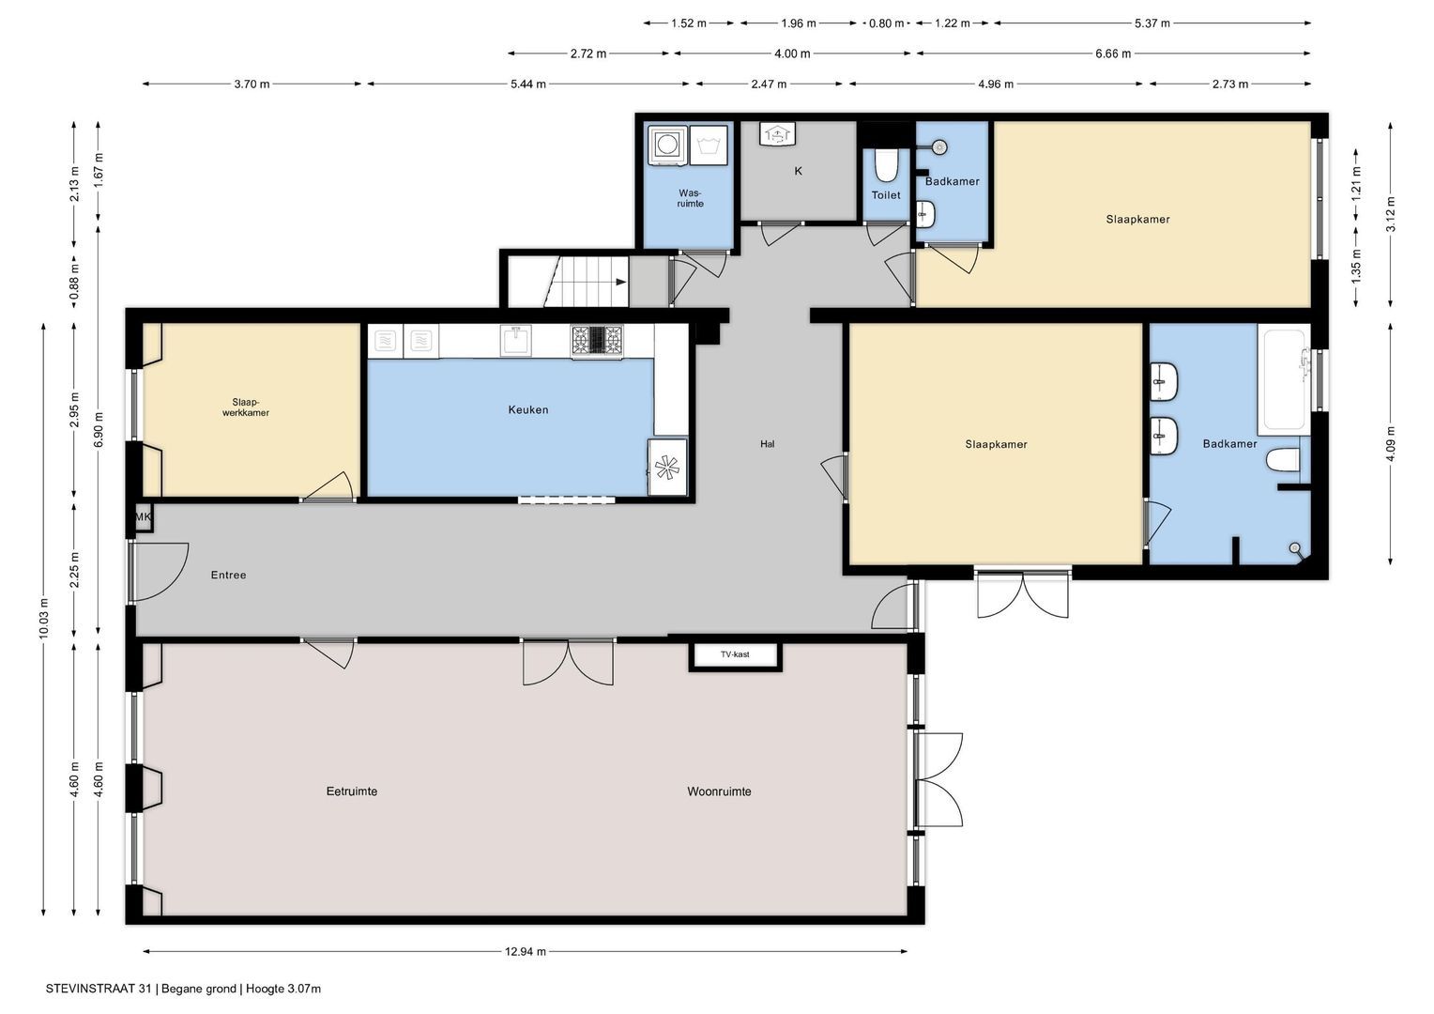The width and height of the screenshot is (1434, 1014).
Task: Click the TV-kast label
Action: (x=735, y=654)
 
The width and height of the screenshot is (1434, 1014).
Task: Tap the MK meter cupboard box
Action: (x=144, y=517)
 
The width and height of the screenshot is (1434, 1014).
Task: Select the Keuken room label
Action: (x=528, y=410)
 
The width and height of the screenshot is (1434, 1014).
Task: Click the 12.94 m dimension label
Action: (x=525, y=951)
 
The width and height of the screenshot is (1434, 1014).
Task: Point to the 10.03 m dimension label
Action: (x=43, y=618)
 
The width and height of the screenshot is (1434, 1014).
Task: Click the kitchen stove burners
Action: (x=597, y=340)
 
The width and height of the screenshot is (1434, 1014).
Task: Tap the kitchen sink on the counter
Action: (x=516, y=340)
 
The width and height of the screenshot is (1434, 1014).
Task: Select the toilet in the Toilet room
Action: (x=886, y=165)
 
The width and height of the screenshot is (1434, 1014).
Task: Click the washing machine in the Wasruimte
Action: (x=667, y=145)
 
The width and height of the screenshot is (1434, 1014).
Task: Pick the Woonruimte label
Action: (x=719, y=791)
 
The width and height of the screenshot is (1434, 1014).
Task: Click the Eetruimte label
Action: (x=351, y=791)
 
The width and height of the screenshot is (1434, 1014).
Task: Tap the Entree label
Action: (x=229, y=575)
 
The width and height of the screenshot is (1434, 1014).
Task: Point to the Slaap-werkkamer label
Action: (x=246, y=407)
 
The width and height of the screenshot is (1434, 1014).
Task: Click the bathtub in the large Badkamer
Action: (x=1284, y=380)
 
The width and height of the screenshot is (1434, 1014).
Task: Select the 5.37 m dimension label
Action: (x=1152, y=23)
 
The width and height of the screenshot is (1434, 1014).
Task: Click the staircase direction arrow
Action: (x=621, y=282)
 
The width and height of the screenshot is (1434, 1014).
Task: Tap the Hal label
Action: (x=767, y=443)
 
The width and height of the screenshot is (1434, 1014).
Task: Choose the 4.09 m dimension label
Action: (x=1390, y=443)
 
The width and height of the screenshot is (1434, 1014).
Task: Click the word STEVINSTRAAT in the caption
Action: (x=90, y=989)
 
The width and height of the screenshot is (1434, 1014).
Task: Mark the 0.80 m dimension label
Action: (x=886, y=23)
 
